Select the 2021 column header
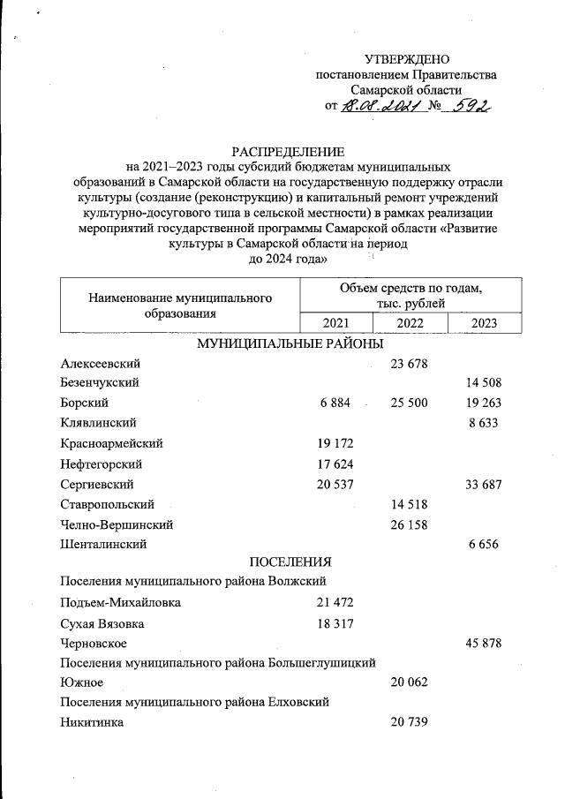[x=335, y=323]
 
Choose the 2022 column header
[x=410, y=323]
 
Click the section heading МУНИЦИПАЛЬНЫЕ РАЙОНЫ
[x=290, y=343]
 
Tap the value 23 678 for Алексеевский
[x=409, y=364]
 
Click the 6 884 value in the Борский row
[x=335, y=403]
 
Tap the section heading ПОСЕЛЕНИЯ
[x=290, y=562]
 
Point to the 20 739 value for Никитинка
[x=409, y=723]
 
